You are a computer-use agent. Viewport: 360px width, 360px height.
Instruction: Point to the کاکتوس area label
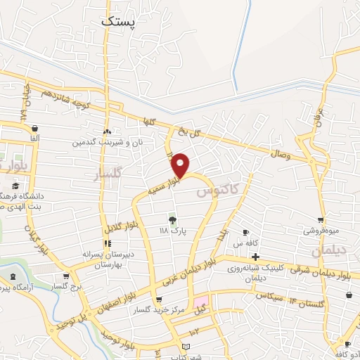coord(218,188)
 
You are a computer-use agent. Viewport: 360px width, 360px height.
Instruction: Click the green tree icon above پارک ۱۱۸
coord(172,220)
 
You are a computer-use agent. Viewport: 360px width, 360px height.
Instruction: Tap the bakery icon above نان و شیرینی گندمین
coord(107,131)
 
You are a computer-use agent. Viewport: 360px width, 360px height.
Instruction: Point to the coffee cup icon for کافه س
coord(246,232)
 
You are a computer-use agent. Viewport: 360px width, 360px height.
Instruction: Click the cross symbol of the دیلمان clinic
coord(255,257)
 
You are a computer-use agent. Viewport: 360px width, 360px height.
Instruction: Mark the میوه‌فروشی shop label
coord(321,231)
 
